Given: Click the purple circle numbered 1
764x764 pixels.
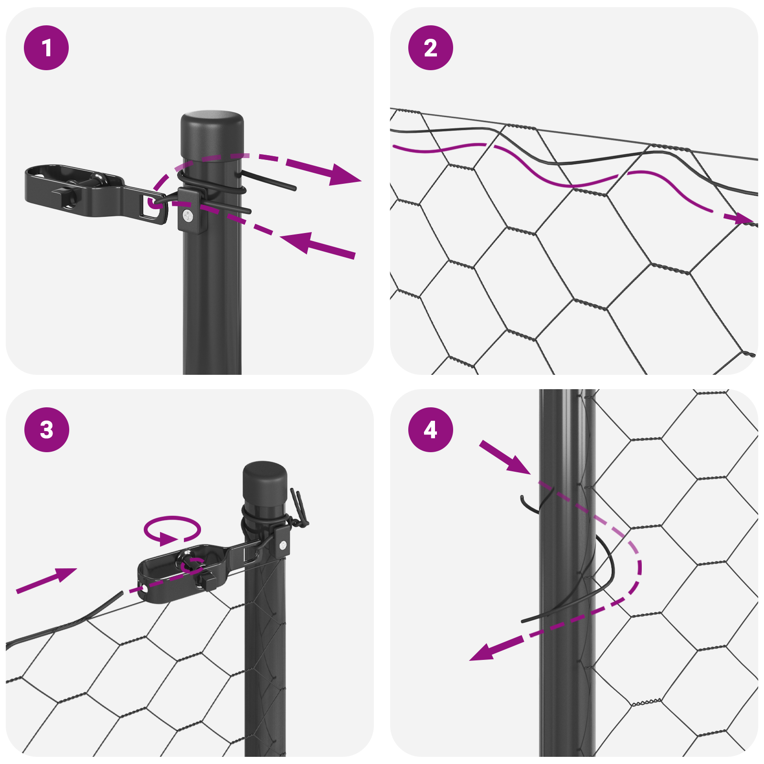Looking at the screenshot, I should click(x=46, y=48).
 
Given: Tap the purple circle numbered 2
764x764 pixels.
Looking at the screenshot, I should click(x=430, y=48).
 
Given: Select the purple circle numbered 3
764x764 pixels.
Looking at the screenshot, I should click(x=46, y=429).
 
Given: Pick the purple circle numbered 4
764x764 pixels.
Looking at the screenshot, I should click(x=430, y=429).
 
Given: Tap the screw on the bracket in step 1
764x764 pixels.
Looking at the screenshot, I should click(x=188, y=217).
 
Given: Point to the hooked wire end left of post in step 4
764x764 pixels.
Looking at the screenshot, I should click(x=525, y=503).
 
